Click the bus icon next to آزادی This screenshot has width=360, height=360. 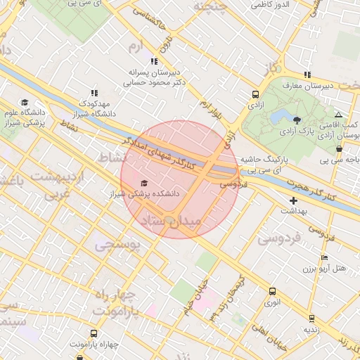(255, 94)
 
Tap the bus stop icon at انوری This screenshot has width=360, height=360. (272, 291)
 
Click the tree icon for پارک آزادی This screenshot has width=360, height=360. (297, 120)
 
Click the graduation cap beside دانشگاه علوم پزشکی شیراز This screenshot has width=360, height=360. (25, 103)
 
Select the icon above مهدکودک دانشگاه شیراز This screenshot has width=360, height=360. (94, 93)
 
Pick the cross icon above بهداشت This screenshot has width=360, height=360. (293, 200)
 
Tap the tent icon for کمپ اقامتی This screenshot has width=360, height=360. (339, 114)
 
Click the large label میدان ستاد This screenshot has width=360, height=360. (172, 221)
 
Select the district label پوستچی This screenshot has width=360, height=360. (117, 245)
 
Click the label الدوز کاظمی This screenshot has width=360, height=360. (271, 5)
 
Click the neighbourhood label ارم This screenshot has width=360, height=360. (134, 46)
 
